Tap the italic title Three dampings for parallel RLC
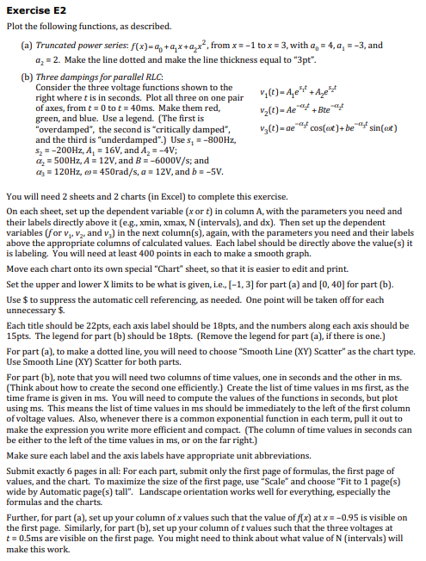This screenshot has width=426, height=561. pyautogui.click(x=92, y=78)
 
